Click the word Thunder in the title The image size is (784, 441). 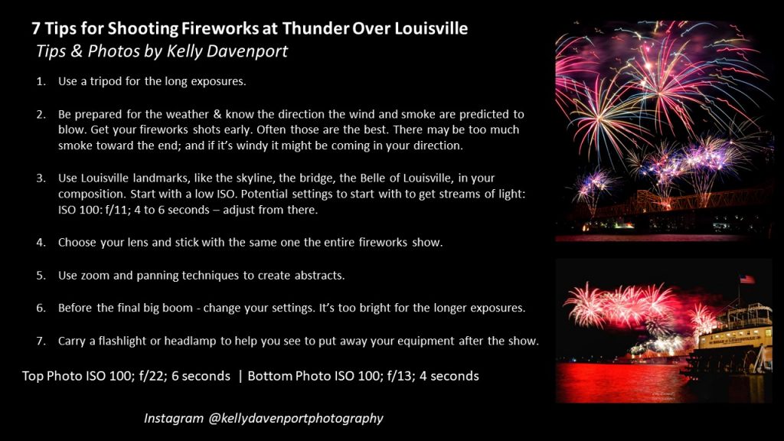[315, 28]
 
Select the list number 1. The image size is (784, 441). [41, 81]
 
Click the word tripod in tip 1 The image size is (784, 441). [106, 82]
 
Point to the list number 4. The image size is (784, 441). [41, 243]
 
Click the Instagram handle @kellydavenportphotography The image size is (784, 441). [296, 419]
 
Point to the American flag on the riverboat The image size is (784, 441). [747, 279]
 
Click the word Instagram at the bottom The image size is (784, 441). [174, 419]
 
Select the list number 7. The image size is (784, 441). [41, 341]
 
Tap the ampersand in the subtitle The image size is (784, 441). [76, 51]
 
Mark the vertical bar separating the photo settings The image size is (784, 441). [240, 376]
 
